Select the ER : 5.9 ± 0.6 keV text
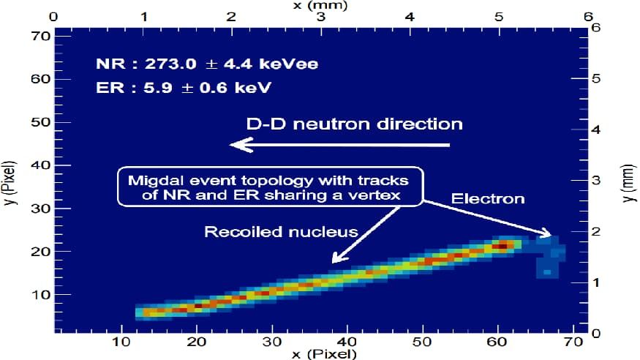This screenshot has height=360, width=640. (184, 88)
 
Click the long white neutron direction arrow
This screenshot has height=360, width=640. (340, 145)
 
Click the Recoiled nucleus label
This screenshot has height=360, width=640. (281, 232)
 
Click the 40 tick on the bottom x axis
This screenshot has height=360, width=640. (347, 342)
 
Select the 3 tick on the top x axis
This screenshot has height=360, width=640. (322, 17)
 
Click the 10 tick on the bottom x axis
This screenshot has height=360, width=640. (121, 342)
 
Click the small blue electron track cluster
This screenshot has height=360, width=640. (549, 256)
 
